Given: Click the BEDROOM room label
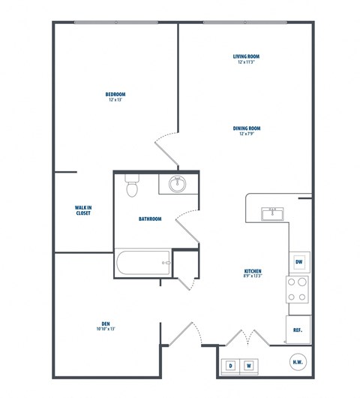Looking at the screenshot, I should [115, 94].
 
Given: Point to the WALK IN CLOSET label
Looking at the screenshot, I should [83, 210].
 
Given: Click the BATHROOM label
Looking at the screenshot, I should [150, 219].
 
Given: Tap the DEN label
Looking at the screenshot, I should [105, 324].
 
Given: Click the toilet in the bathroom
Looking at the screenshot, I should [133, 185].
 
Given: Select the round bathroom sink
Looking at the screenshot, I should [178, 184].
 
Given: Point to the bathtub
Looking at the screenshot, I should [143, 263].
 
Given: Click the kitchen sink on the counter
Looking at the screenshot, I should [272, 214].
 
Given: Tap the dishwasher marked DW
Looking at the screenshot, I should [298, 261].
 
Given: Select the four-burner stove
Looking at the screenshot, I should [298, 290].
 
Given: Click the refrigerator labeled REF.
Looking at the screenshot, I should [298, 329].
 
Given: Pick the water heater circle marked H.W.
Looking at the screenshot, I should [298, 361].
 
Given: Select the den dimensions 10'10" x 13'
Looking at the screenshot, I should [105, 330].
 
